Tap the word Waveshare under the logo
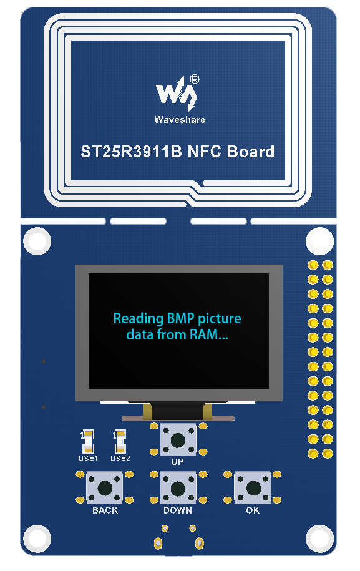pos(180,120)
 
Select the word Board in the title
pos(251,152)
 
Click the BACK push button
pos(105,488)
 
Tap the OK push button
pos(253,488)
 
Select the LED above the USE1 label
pos(88,442)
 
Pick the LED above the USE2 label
pos(120,442)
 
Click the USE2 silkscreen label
pos(120,458)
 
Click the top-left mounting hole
pos(37,241)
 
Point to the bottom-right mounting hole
pos(320,539)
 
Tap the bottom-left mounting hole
pos(37,539)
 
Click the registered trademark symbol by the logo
pos(195,79)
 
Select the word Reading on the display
pos(139,319)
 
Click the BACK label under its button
pos(105,510)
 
